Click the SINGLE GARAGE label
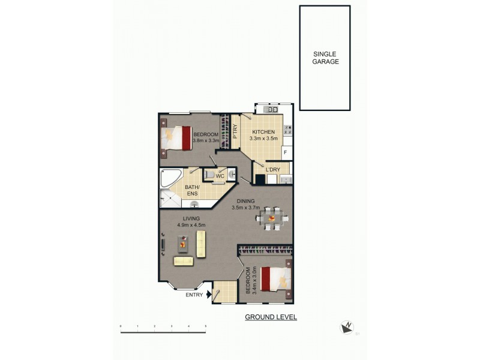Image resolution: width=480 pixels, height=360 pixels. tap(326, 58)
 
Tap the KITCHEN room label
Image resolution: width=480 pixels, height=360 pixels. tap(263, 132)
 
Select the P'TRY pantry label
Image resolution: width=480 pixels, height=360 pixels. tap(235, 131)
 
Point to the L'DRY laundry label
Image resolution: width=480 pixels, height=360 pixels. tap(273, 170)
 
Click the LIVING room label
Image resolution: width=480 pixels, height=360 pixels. tap(192, 218)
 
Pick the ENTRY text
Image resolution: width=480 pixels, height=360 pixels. tap(194, 294)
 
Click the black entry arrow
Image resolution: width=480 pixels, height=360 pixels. tap(208, 294)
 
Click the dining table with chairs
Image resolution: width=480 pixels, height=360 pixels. tap(273, 219)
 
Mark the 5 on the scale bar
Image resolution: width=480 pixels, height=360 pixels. tap(206, 326)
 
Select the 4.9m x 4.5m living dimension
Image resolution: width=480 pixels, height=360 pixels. tap(192, 225)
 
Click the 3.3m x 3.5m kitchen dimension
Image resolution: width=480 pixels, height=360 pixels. tap(263, 139)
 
